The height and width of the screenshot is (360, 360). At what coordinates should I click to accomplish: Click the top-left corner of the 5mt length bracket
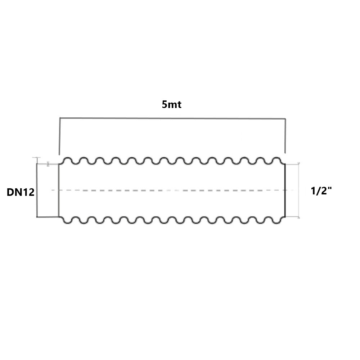(x=60, y=118)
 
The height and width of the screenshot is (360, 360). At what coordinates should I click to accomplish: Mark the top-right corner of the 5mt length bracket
(x=285, y=119)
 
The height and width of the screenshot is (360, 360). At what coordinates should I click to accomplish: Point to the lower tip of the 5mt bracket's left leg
(x=59, y=155)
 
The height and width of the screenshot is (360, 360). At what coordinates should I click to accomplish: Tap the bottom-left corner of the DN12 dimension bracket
(x=37, y=217)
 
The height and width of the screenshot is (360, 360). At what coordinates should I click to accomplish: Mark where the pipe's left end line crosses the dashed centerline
(x=59, y=190)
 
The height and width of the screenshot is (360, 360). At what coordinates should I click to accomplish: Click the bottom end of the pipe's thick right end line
(x=285, y=216)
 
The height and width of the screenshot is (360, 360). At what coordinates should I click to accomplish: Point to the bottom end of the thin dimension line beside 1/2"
(x=299, y=217)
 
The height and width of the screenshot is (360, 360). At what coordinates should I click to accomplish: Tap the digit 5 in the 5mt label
(x=165, y=105)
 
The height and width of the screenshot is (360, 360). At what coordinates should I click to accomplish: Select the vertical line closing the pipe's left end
(x=59, y=190)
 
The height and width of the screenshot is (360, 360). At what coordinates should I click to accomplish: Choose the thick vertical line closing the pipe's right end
(x=285, y=190)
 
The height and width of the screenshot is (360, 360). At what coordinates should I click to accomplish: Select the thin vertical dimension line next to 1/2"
(x=299, y=190)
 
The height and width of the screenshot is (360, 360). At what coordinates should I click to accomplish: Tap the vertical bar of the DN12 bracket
(x=37, y=190)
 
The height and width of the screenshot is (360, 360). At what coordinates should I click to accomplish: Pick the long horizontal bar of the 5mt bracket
(x=173, y=118)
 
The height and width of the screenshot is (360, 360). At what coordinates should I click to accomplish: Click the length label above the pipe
(x=172, y=105)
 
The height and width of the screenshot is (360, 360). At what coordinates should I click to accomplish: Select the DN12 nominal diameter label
(x=21, y=192)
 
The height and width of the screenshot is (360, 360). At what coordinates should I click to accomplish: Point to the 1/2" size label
(x=321, y=191)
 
